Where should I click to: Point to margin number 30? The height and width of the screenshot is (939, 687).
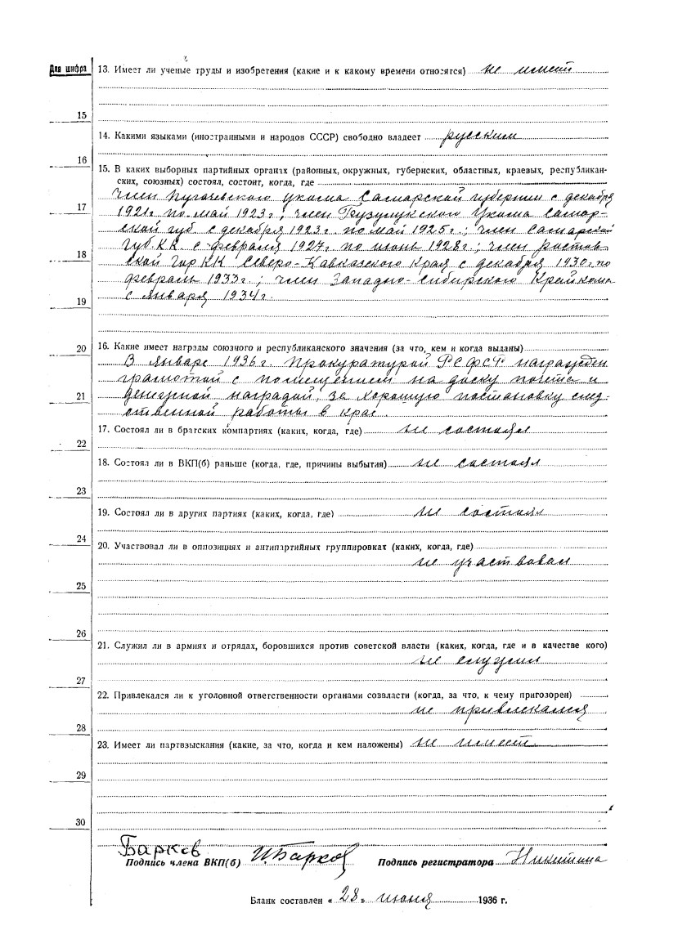click(80, 821)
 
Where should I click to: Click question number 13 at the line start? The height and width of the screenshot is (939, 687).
click(103, 70)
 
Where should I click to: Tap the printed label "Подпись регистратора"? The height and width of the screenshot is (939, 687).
click(435, 862)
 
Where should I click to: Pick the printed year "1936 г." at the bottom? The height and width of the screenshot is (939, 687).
click(490, 904)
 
